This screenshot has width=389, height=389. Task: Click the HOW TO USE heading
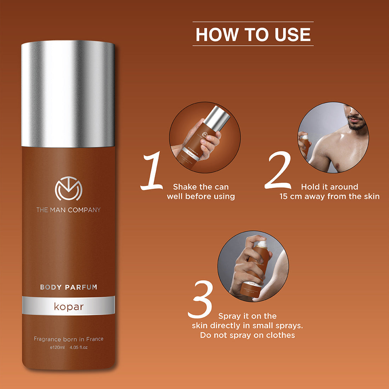point(253,34)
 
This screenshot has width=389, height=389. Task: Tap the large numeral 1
point(152,171)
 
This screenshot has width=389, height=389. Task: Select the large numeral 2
point(279,170)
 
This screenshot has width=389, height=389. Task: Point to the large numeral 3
point(200,299)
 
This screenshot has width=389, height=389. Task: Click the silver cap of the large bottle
point(68,94)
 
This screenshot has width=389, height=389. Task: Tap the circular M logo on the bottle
point(68,190)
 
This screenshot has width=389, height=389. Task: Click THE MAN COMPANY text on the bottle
point(68,210)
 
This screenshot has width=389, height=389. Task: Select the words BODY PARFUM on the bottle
point(68,287)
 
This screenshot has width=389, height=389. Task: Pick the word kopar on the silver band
point(68,306)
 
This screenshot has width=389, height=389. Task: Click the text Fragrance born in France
point(68,339)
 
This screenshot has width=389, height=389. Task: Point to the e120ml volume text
point(57,347)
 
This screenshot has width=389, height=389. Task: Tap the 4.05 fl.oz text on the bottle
point(79,347)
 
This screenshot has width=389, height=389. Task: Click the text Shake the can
point(201,187)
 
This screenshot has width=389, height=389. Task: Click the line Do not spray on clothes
point(247,335)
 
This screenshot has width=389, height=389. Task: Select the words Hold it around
point(329,187)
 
